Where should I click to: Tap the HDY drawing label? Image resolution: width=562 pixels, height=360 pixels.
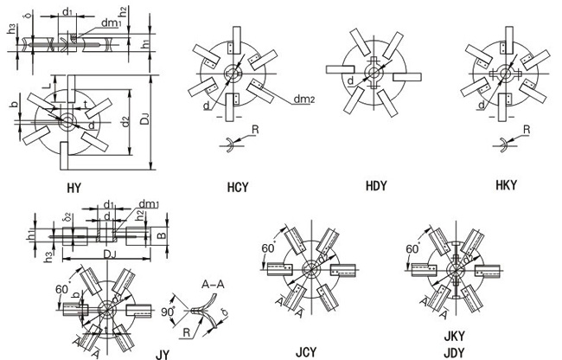click(377, 184)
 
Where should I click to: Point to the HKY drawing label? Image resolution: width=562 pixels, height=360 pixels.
click(505, 185)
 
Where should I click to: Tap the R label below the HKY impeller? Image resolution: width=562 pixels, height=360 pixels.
click(527, 130)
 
